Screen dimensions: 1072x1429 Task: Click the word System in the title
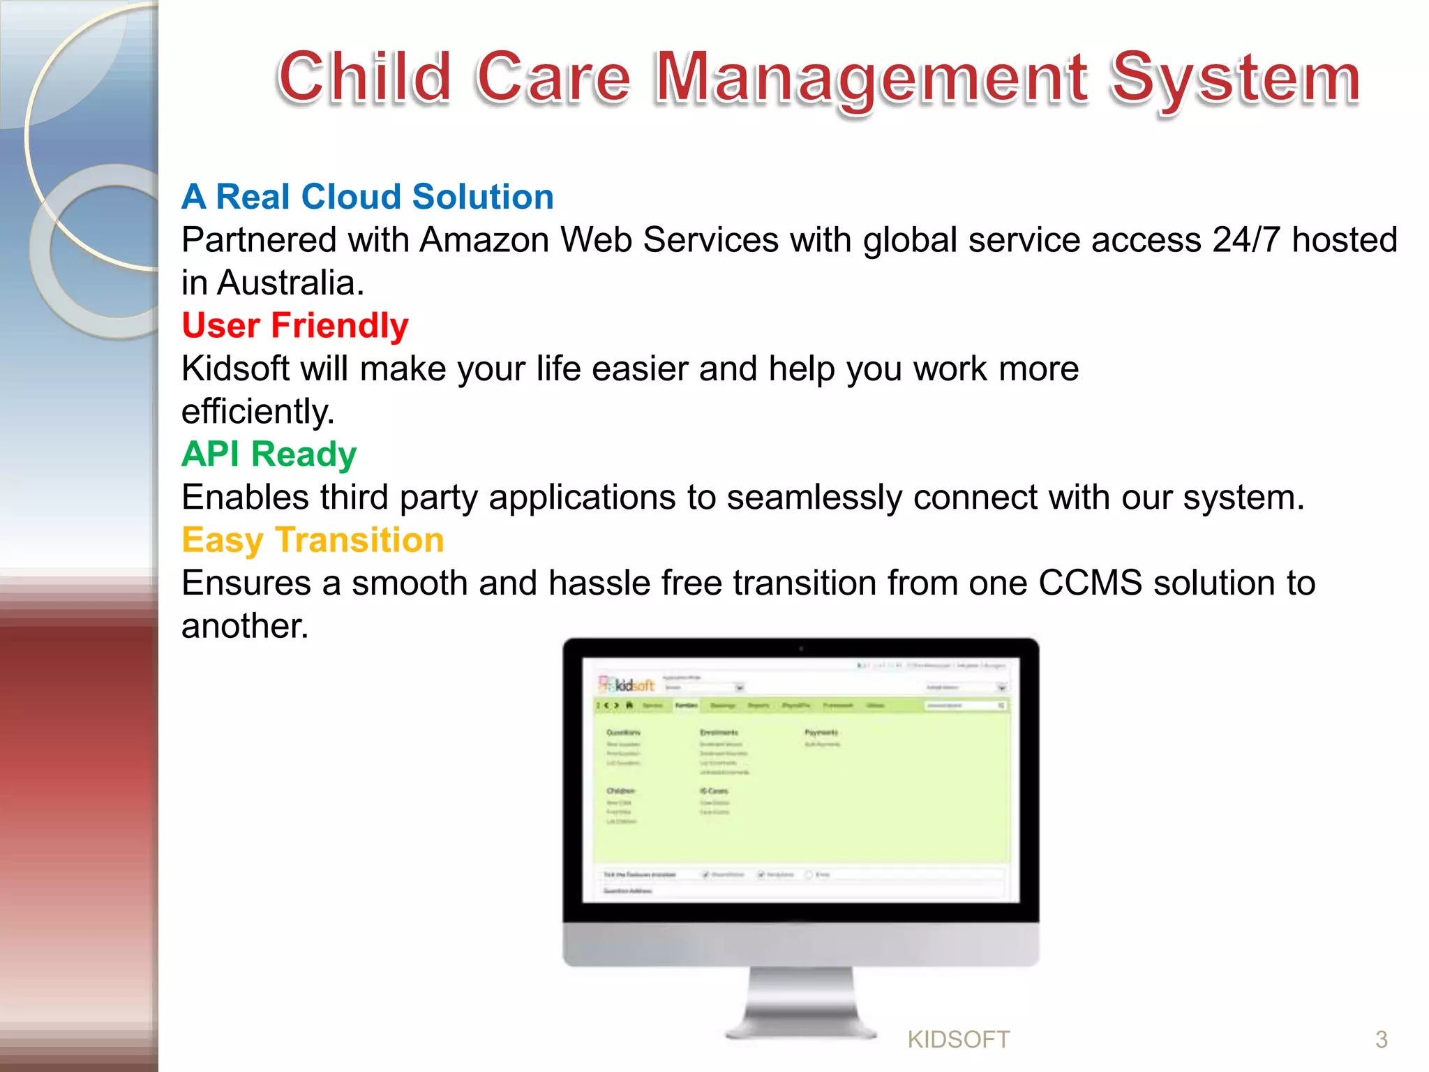[x=1234, y=77]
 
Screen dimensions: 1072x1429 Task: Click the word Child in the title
[x=364, y=77]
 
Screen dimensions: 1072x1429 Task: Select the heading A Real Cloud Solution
[x=368, y=197]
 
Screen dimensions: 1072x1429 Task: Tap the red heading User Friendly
[x=295, y=326]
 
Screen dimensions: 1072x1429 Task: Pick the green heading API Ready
[x=269, y=454]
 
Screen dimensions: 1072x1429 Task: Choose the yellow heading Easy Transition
[x=313, y=540]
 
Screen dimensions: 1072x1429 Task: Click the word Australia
[x=290, y=283]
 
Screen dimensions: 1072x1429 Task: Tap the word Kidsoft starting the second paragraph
[x=234, y=368]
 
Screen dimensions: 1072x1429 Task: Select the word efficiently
[x=257, y=412]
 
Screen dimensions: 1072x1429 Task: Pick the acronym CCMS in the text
[x=1090, y=583]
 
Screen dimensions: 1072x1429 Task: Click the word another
[x=244, y=626]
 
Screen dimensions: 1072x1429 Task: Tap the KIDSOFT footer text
[x=958, y=1040]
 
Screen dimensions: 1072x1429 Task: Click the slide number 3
[x=1381, y=1040]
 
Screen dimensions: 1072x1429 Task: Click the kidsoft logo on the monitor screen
[x=627, y=685]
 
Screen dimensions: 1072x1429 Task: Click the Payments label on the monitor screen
[x=821, y=732]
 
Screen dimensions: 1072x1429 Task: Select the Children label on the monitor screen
[x=620, y=791]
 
